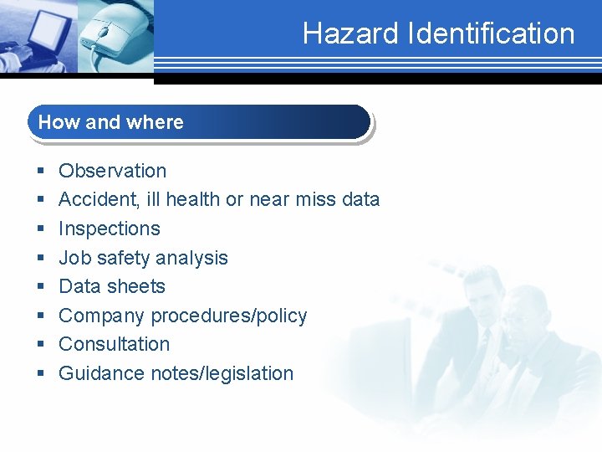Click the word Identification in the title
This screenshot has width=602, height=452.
tap(491, 33)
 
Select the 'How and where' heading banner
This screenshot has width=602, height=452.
tap(199, 122)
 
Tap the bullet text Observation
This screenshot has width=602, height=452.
tap(112, 171)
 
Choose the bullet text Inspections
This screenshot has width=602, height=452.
tap(109, 229)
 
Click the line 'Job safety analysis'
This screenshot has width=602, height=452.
tap(143, 258)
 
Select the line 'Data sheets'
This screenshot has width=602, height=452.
tap(112, 286)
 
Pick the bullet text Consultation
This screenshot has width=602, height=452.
tap(114, 344)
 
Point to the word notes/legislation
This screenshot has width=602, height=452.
tap(222, 373)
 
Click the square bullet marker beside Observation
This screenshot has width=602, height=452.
tap(40, 172)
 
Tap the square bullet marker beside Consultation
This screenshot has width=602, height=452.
tap(40, 345)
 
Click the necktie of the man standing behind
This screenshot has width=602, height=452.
tap(484, 342)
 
